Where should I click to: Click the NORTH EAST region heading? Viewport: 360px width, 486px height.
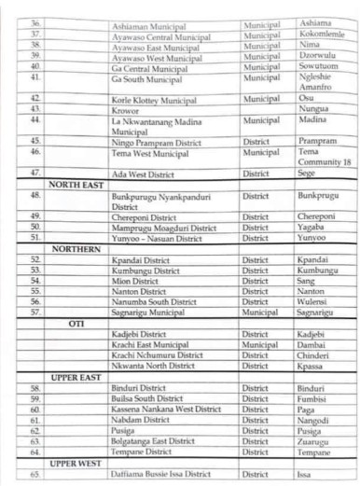coord(76,185)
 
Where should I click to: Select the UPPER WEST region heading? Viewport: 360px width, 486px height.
coord(76,462)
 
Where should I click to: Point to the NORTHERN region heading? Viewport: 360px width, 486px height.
coord(76,249)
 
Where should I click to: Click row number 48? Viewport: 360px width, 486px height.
coord(35,196)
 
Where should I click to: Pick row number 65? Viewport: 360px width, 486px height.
coord(35,474)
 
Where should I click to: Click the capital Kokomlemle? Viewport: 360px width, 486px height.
coord(323,35)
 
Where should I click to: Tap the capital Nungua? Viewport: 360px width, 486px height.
coord(313,109)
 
